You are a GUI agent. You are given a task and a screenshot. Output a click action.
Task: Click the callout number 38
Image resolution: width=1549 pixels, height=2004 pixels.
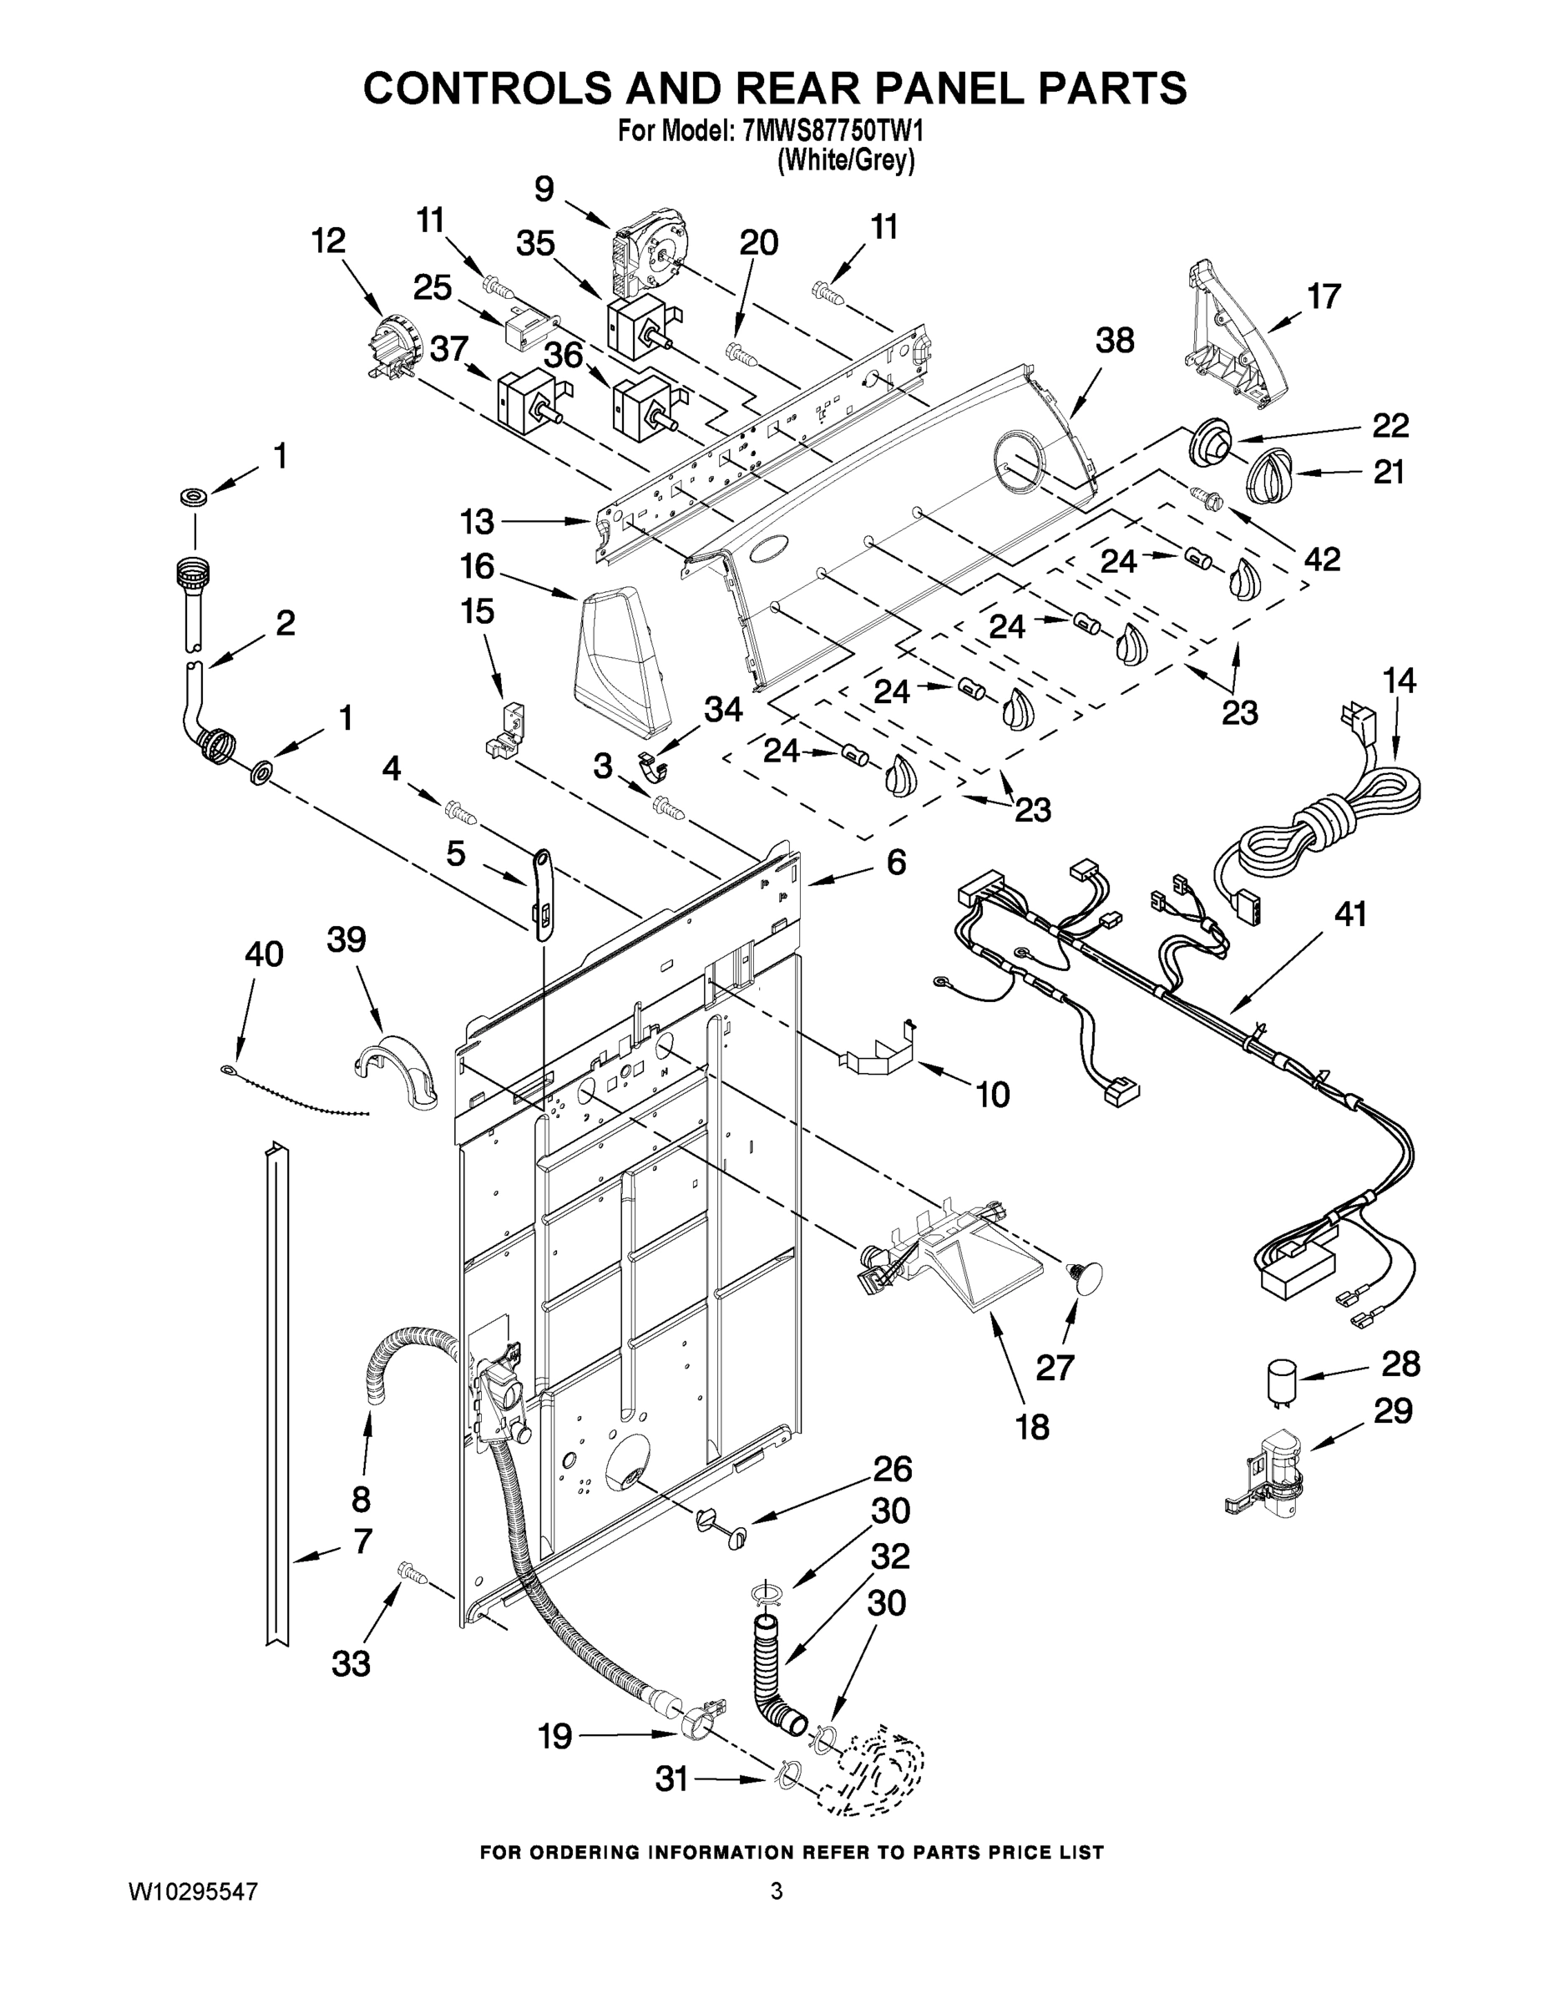(x=1115, y=341)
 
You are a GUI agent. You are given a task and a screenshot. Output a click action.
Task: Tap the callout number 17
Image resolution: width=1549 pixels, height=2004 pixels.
(x=1324, y=296)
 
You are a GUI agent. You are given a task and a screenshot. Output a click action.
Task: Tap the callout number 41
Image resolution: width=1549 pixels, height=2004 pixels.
(x=1350, y=914)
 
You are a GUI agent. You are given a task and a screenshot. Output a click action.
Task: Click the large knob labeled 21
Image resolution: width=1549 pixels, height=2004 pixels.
(x=1271, y=474)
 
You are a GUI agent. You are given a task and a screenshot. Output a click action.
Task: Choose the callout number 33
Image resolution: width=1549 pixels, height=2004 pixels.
(x=351, y=1662)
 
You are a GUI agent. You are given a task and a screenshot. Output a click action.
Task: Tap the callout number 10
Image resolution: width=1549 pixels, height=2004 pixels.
(x=993, y=1094)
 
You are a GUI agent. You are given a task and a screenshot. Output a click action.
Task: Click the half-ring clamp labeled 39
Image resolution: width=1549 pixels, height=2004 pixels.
(x=397, y=1069)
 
